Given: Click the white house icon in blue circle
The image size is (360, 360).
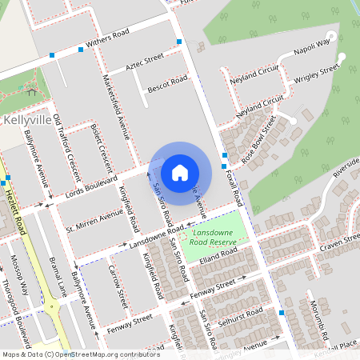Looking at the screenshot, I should pyautogui.click(x=180, y=172).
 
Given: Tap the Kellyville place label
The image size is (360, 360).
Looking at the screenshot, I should pyautogui.click(x=28, y=119).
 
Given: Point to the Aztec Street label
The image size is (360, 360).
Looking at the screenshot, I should pyautogui.click(x=144, y=61).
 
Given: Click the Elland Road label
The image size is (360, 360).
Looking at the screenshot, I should pyautogui.click(x=219, y=258).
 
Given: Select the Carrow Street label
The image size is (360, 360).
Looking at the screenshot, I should pyautogui.click(x=118, y=288).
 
